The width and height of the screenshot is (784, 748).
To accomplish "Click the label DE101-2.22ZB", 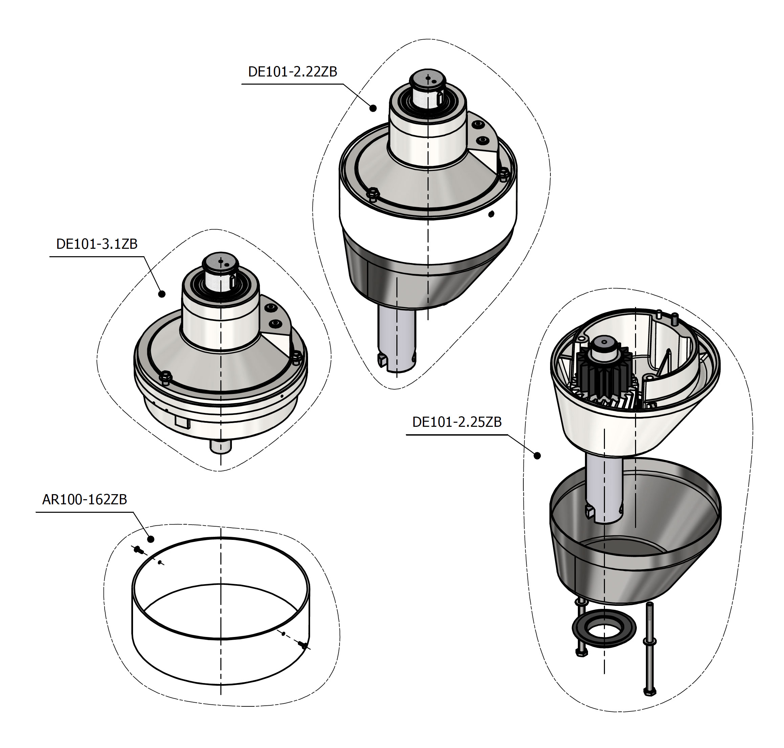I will click(292, 72).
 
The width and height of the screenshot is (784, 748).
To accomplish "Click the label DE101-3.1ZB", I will click(96, 244).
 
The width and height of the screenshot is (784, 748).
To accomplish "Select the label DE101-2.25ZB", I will click(457, 422).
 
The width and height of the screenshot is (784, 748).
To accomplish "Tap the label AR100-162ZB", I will click(85, 499).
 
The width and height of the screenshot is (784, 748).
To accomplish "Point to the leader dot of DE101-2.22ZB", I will click(373, 108).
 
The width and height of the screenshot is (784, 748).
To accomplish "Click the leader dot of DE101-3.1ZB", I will click(162, 294).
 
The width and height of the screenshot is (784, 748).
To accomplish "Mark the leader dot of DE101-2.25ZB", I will click(537, 455).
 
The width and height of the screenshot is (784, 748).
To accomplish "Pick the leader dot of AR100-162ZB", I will click(151, 539).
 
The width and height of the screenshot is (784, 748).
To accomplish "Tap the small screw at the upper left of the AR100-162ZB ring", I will click(138, 550).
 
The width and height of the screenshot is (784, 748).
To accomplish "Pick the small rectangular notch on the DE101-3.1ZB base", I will click(181, 422).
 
